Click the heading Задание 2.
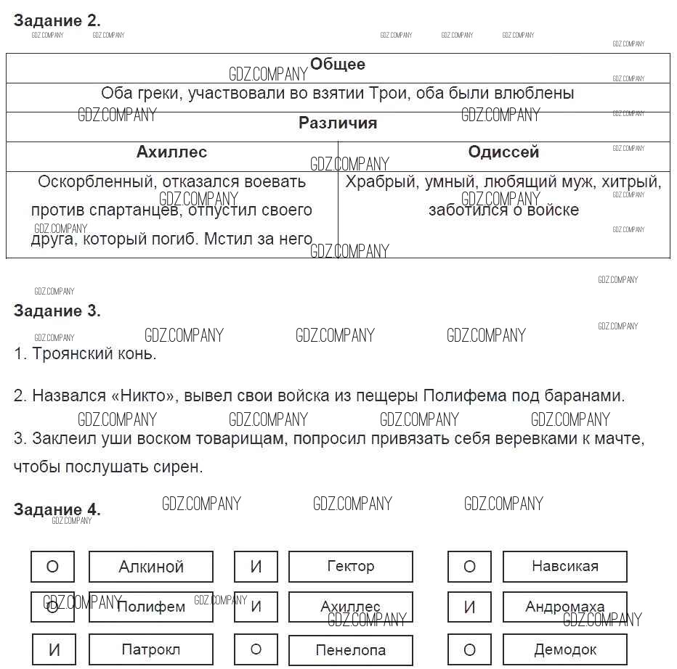pyautogui.click(x=57, y=21)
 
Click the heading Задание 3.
pyautogui.click(x=57, y=311)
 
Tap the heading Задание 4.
pyautogui.click(x=57, y=509)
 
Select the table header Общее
pyautogui.click(x=338, y=65)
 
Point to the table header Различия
pyautogui.click(x=338, y=123)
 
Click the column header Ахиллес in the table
pyautogui.click(x=171, y=152)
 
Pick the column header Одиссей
pyautogui.click(x=503, y=152)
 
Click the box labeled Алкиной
pyautogui.click(x=151, y=567)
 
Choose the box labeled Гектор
pyautogui.click(x=351, y=567)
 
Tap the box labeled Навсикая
pyautogui.click(x=564, y=567)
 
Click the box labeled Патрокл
pyautogui.click(x=151, y=649)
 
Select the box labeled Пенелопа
pyautogui.click(x=351, y=649)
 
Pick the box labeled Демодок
pyautogui.click(x=564, y=649)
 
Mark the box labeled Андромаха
pyautogui.click(x=564, y=607)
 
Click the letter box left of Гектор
pyautogui.click(x=256, y=567)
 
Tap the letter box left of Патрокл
pyautogui.click(x=53, y=649)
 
